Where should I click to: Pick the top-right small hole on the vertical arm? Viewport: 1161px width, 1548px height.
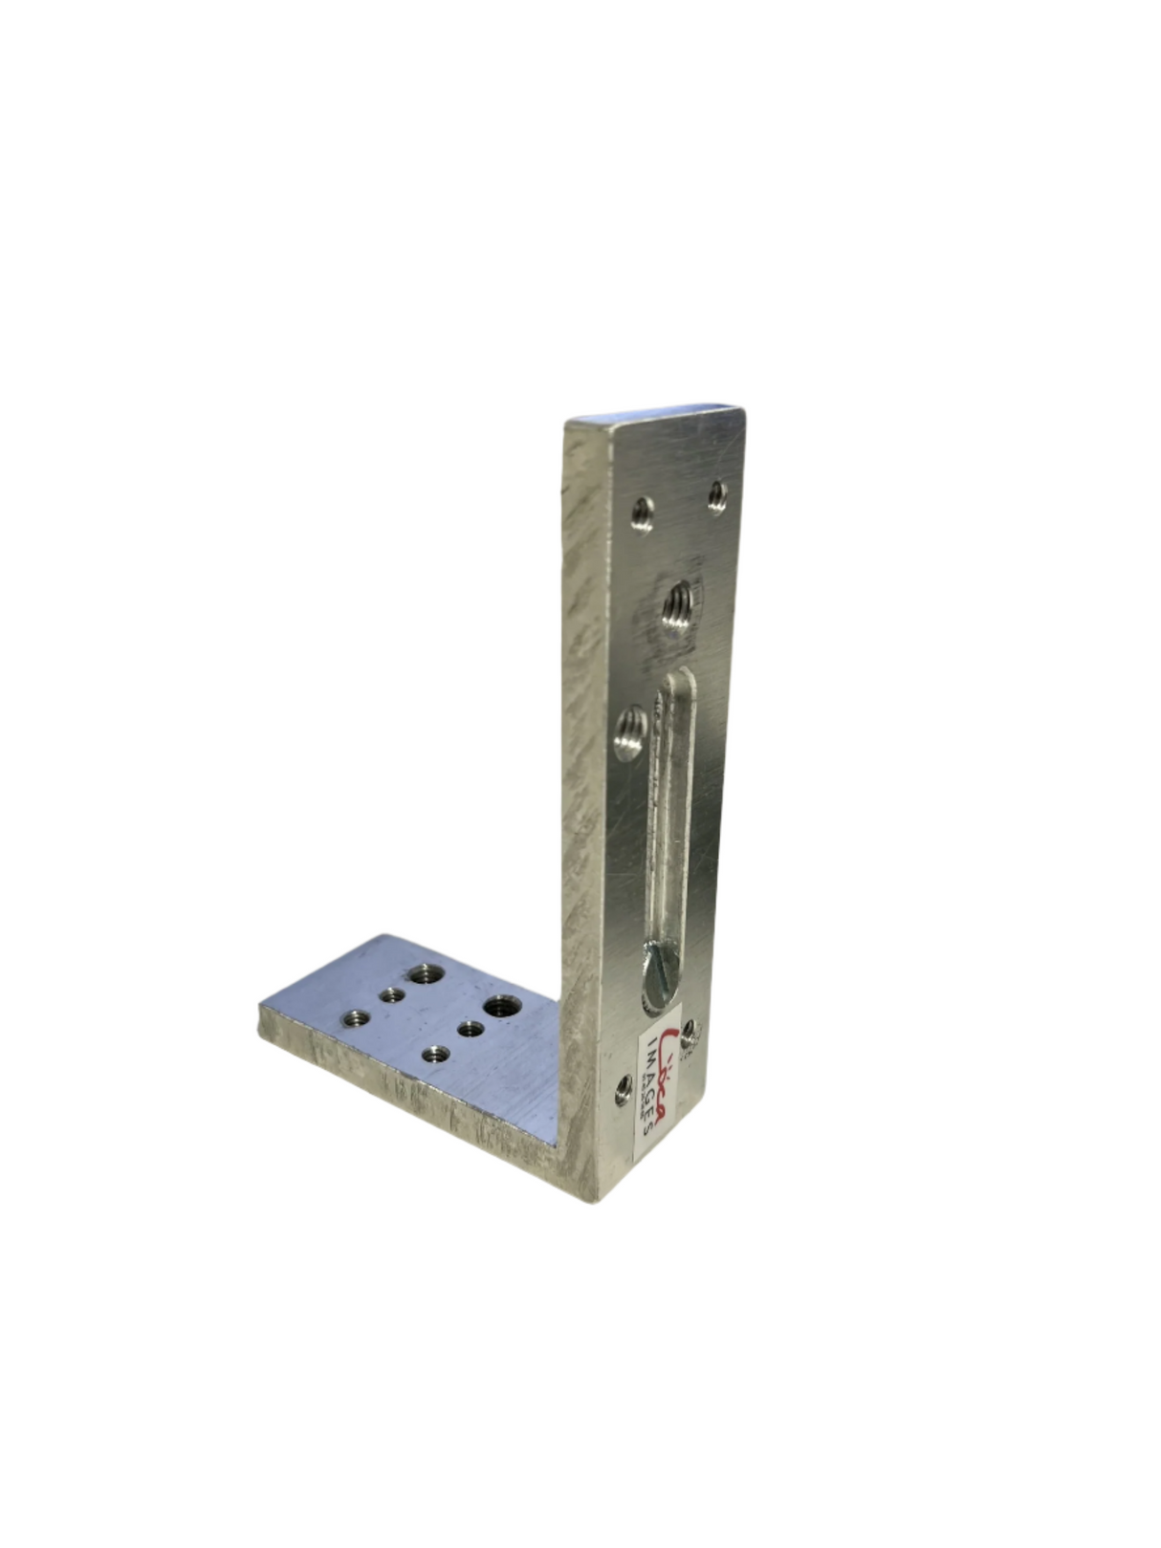pos(717,494)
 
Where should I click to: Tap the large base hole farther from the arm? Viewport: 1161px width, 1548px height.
pos(421,975)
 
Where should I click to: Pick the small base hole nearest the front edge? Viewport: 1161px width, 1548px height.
pos(437,1055)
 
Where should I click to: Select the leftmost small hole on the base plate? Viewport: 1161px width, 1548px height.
pos(357,1018)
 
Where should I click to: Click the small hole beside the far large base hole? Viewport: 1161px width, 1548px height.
pos(390,996)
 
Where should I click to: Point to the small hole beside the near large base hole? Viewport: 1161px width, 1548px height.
pos(469,1030)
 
